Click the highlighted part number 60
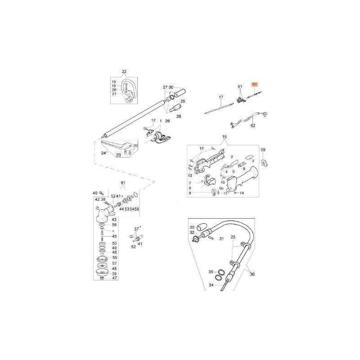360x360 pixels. click(x=255, y=84)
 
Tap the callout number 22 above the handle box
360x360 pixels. click(x=124, y=72)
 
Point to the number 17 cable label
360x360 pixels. click(x=221, y=97)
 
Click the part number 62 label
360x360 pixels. click(x=253, y=126)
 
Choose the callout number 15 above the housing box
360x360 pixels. click(x=225, y=137)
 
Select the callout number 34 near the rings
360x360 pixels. click(x=211, y=285)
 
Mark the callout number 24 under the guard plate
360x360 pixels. click(x=103, y=153)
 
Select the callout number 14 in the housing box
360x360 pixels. click(x=242, y=193)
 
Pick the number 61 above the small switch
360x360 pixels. click(x=240, y=85)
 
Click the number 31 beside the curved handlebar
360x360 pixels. click(x=221, y=238)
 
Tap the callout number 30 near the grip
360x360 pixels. click(x=171, y=87)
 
